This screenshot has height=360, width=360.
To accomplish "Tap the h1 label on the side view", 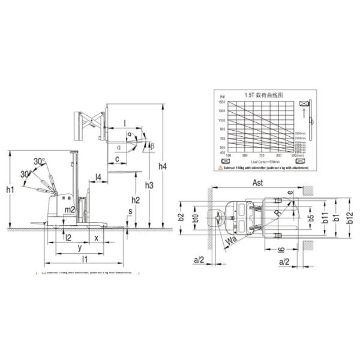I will click(x=10, y=190).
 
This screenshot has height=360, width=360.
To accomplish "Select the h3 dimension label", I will click(x=149, y=185).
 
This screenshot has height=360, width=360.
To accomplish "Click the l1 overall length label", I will click(x=85, y=259).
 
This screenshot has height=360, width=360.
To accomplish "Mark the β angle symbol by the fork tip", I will click(x=152, y=146).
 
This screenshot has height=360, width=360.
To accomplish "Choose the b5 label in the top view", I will click(x=310, y=218).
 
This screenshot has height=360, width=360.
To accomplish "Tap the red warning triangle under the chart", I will click(x=220, y=168).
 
